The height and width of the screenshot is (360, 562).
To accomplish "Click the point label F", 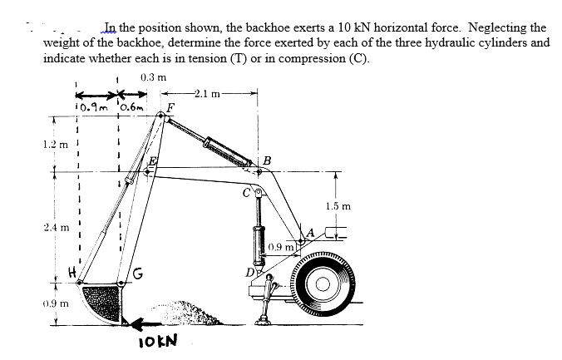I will tap(170, 106).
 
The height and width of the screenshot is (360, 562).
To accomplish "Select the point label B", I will tap(267, 160).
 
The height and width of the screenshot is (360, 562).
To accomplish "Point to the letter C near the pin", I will tap(247, 195).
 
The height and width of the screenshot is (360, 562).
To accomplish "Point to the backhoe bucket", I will tap(100, 299).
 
